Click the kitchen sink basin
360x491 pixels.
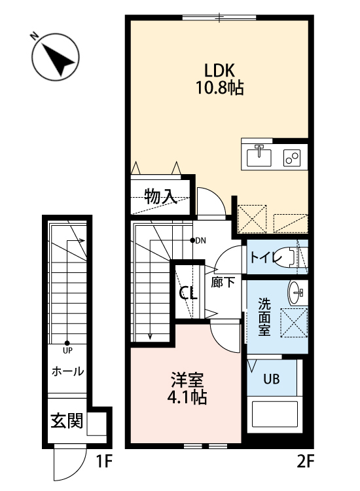click(x=260, y=157)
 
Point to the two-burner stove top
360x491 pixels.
click(x=291, y=157)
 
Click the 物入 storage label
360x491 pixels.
click(x=159, y=195)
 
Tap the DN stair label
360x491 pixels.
click(x=200, y=240)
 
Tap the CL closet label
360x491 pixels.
click(x=189, y=293)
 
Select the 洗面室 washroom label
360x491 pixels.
click(x=264, y=317)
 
